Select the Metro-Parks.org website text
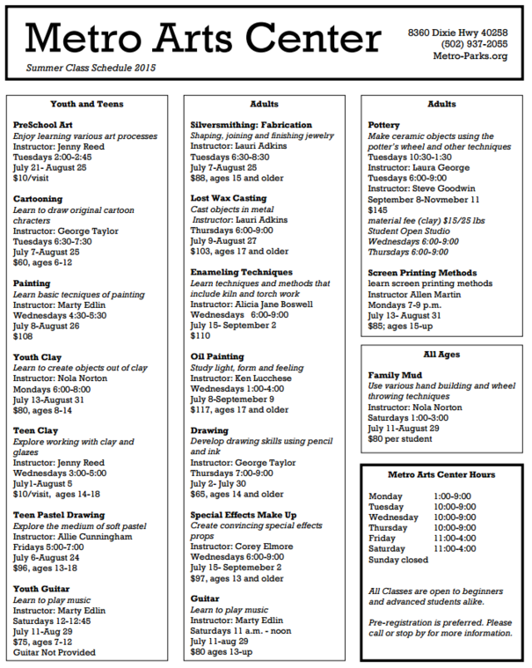(470, 56)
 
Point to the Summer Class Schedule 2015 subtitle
(91, 68)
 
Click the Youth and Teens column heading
(85, 104)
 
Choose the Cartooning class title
(38, 199)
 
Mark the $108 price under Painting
(23, 336)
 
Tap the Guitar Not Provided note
(55, 652)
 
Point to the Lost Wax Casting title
(229, 198)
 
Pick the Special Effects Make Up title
(244, 514)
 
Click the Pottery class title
(383, 125)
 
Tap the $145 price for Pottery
(378, 209)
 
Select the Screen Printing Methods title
(422, 272)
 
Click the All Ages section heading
(441, 354)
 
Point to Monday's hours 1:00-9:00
(452, 495)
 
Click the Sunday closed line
(398, 559)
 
